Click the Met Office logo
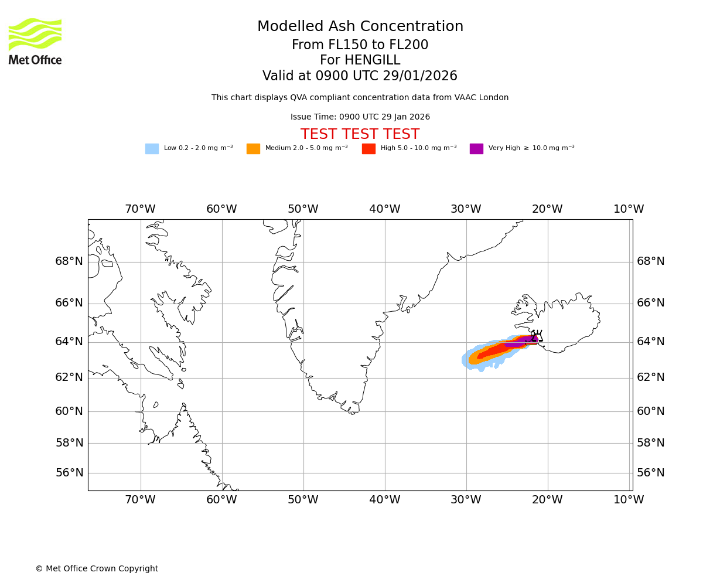tap(35, 41)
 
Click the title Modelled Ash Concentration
tap(360, 27)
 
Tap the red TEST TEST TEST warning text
tap(360, 134)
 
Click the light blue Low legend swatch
tap(152, 148)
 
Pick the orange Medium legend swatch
tap(253, 148)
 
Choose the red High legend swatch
tap(368, 148)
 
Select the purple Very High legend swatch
tap(476, 148)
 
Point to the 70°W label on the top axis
tap(140, 209)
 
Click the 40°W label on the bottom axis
tap(384, 500)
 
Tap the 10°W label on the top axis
tap(629, 209)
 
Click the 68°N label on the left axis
tap(69, 261)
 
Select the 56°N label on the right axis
tap(650, 473)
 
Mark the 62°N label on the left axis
tap(69, 377)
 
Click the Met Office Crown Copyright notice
tap(97, 568)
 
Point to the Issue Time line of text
tap(360, 117)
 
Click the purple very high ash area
tap(519, 341)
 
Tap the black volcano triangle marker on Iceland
tap(537, 337)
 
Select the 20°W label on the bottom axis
tap(547, 500)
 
